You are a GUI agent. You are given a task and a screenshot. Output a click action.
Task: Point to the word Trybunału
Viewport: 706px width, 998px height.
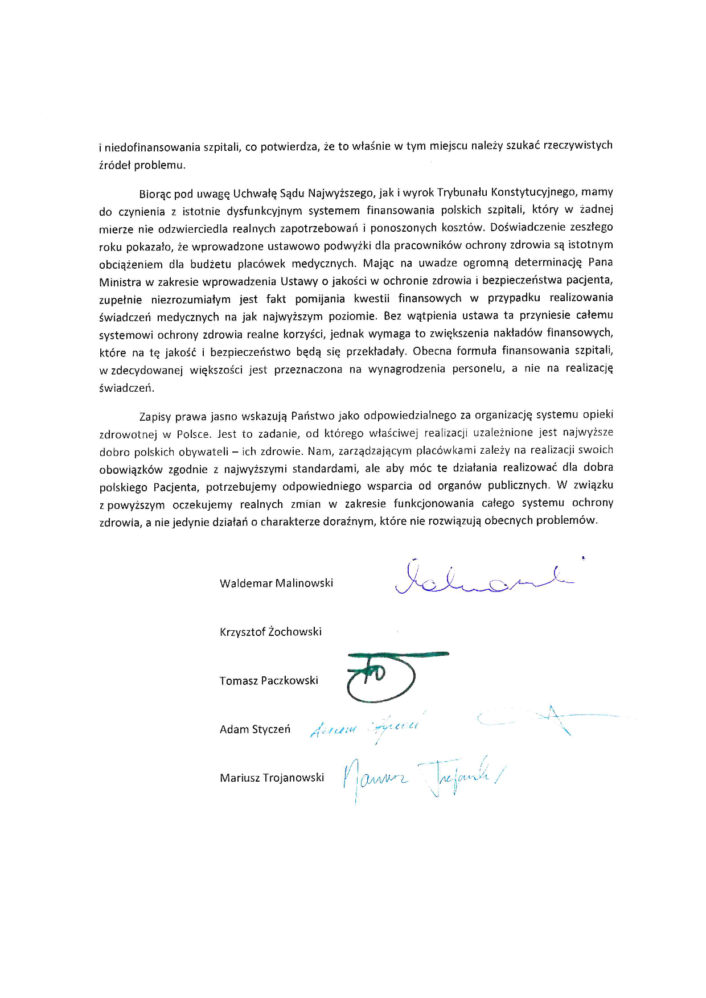pos(462,192)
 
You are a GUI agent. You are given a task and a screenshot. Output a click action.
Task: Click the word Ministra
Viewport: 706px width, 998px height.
pos(120,281)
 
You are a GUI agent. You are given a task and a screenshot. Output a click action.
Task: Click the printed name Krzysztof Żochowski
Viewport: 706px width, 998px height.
pos(270,632)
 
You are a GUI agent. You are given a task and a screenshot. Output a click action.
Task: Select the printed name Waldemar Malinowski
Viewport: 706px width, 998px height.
pos(276,583)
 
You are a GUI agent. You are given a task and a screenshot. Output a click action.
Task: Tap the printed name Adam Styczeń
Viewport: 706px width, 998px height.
pos(255,729)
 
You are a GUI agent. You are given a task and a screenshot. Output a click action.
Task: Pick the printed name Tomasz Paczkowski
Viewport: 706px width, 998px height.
pos(269,680)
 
